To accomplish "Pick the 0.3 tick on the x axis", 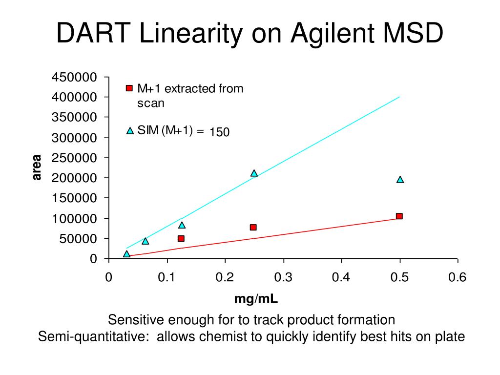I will point(283,277).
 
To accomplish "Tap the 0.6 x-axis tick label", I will point(457,277).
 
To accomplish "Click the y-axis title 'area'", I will point(37,167).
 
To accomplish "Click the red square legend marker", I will point(129,88).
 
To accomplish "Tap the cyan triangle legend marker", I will point(130,131).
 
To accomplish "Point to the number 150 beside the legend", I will point(220,132).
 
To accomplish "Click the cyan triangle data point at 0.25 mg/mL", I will point(254,173).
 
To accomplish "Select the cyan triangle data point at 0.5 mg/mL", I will point(400,179).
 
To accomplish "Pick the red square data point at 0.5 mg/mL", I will point(399,216).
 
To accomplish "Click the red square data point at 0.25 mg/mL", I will point(253,227).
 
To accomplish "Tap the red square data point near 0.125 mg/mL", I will point(181,238).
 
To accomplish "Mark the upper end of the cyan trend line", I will point(399,97).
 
